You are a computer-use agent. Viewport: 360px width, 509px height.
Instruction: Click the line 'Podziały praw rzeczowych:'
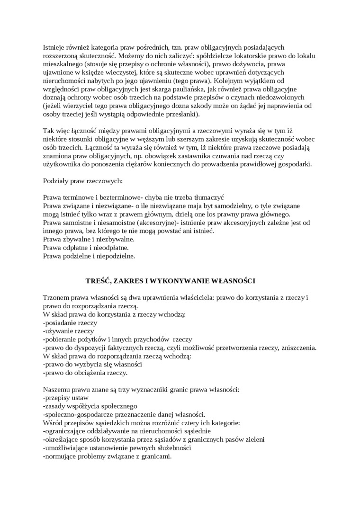pyautogui.click(x=82, y=181)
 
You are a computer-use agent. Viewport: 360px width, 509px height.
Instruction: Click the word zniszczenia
pyautogui.click(x=300, y=348)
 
